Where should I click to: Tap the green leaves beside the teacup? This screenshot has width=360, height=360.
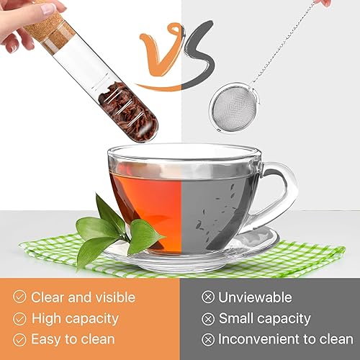115,230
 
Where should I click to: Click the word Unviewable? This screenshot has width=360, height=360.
255,297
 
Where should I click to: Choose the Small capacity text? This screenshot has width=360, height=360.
264,318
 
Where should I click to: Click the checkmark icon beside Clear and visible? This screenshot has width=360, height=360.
19,297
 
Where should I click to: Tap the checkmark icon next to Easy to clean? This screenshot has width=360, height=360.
19,338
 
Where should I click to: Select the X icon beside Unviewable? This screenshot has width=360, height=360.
207,297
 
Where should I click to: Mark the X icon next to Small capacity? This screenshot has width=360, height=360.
207,318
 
